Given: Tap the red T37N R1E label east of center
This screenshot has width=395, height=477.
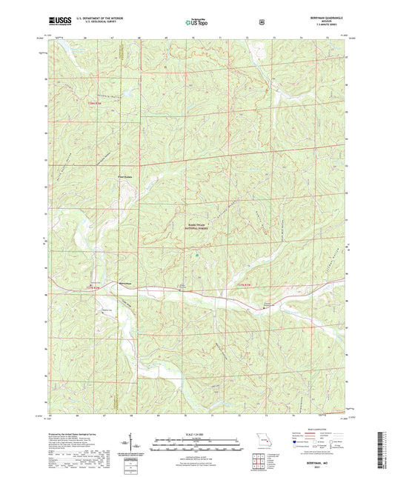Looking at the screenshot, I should pyautogui.click(x=244, y=285).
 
